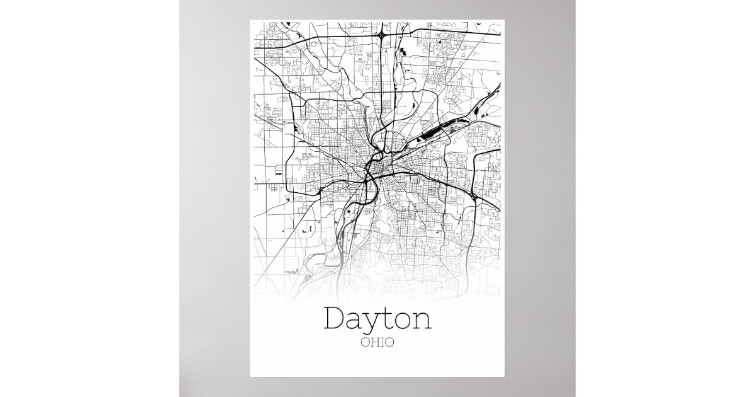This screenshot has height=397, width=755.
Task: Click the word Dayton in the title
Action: pos(377,319)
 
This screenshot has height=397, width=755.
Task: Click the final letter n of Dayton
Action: pos(423,321)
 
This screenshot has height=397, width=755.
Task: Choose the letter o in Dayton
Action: pos(405,321)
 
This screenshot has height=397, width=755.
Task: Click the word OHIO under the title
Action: pos(377,343)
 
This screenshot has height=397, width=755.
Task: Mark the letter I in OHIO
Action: pos(382,343)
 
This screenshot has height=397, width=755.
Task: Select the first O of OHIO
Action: pos(365,343)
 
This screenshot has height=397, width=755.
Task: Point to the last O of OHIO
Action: pos(390,343)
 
